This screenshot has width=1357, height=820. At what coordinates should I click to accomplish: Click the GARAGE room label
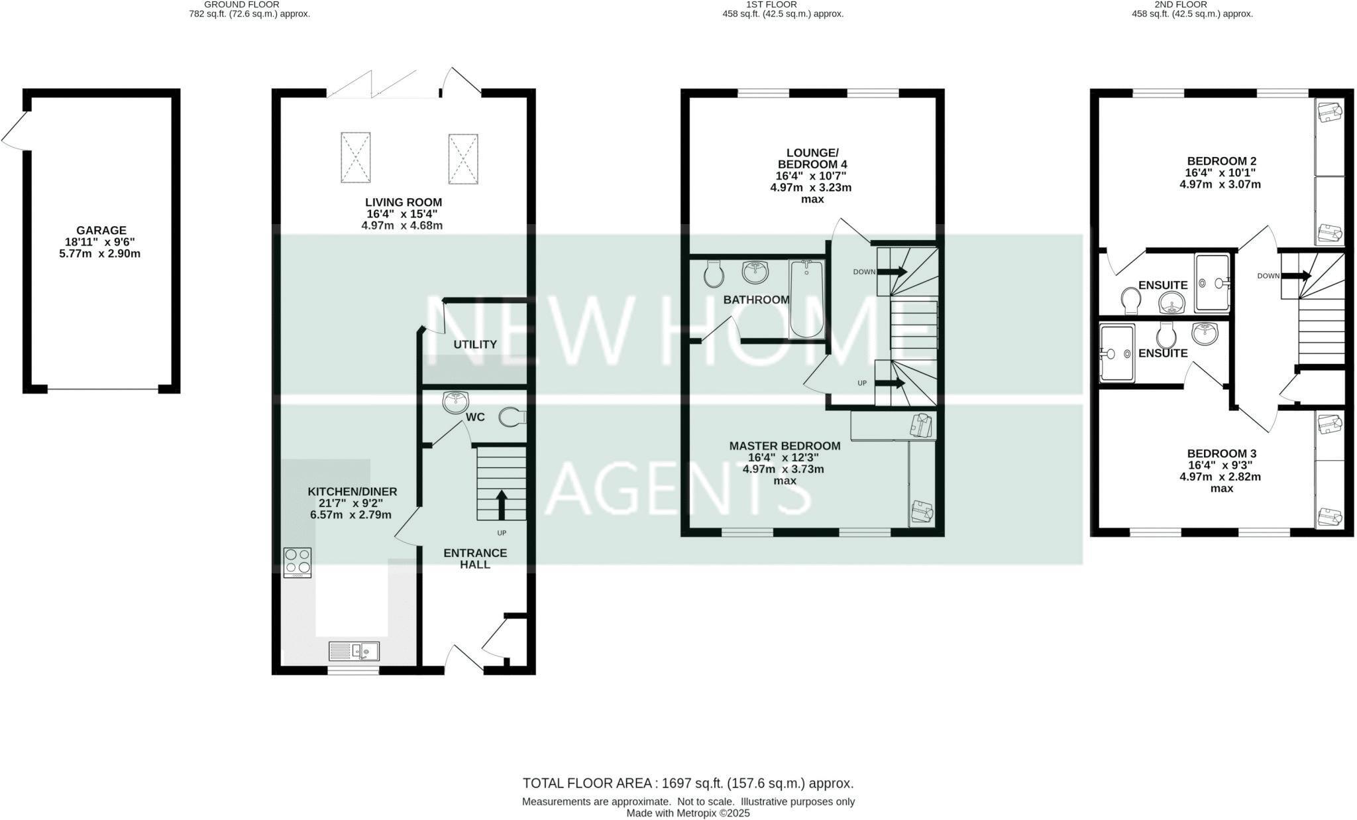tap(101, 231)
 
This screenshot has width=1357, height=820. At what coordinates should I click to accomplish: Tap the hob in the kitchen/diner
tap(298, 561)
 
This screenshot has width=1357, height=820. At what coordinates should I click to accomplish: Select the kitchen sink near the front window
tap(354, 651)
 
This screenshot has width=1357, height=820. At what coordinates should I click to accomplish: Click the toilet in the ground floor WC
tap(511, 417)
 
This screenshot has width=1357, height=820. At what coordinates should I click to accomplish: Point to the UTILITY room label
tap(475, 345)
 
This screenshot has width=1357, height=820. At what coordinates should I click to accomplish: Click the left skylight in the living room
tap(356, 158)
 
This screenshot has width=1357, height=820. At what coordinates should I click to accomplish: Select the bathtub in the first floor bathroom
tap(806, 299)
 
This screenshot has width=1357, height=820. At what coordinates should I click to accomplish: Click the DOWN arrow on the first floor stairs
tap(892, 272)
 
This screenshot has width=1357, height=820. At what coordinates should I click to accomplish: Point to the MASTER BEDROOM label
tap(785, 446)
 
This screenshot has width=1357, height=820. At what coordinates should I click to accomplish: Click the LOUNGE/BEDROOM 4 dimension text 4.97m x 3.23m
tap(810, 188)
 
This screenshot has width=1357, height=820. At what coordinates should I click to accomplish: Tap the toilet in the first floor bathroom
tap(713, 274)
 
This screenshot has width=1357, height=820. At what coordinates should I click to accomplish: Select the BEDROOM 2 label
tap(1221, 161)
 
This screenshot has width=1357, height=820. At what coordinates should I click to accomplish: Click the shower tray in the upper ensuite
tap(1212, 282)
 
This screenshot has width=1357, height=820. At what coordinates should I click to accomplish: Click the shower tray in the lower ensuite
tap(1117, 353)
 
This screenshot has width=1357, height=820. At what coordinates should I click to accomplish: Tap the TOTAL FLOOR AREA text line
tap(688, 784)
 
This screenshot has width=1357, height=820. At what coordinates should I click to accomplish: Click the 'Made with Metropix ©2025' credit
tap(688, 813)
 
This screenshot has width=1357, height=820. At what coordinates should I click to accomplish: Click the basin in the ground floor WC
tap(455, 402)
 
